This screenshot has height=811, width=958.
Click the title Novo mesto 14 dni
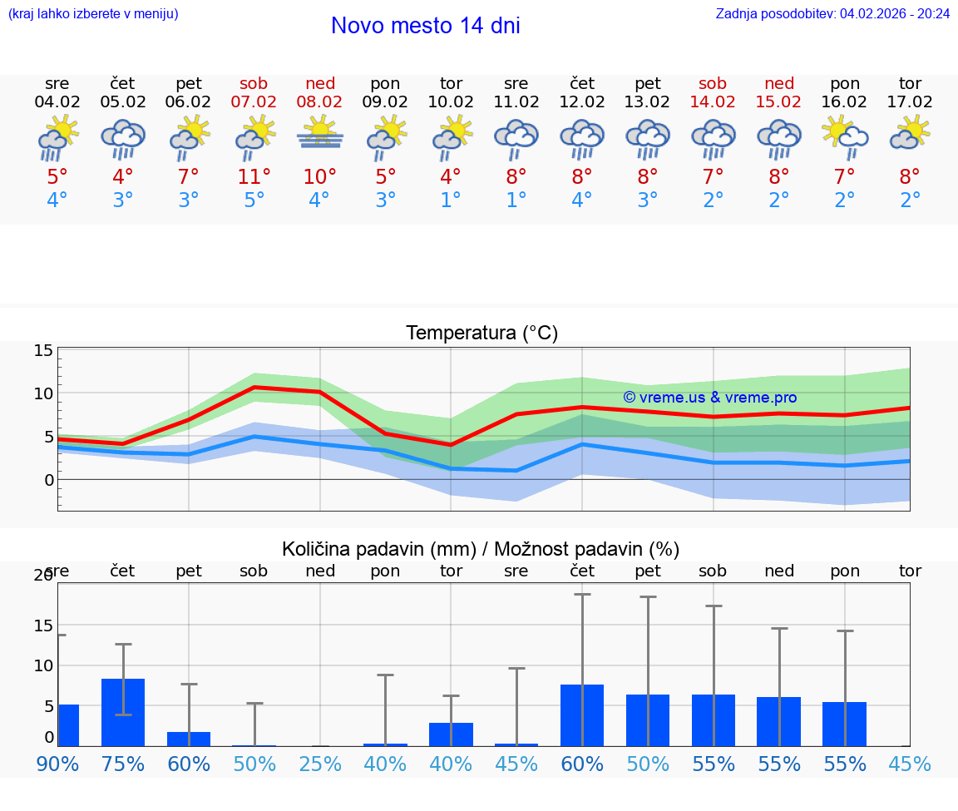tap(425, 26)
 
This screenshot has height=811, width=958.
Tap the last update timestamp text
tap(832, 13)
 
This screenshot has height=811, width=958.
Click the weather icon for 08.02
tap(320, 135)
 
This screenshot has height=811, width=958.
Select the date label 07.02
tap(254, 102)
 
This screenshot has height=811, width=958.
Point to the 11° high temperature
tap(254, 177)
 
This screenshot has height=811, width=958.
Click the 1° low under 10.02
tap(451, 200)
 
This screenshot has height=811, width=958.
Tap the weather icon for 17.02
tap(910, 135)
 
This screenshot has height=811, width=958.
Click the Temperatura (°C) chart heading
tap(481, 334)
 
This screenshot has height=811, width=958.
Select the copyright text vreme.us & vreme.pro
tap(709, 398)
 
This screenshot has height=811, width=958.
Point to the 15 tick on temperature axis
tap(43, 351)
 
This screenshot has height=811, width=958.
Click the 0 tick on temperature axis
tap(49, 480)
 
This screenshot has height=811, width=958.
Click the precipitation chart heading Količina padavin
tap(481, 549)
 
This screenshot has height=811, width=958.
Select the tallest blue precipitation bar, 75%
tap(123, 712)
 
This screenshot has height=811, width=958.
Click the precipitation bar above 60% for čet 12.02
tap(582, 715)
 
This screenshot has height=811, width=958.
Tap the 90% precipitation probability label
tap(57, 764)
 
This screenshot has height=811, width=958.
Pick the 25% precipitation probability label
tap(320, 764)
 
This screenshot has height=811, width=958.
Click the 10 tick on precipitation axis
tap(43, 665)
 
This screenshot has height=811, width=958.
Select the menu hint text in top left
tap(92, 13)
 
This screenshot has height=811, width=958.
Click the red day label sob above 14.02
tap(713, 83)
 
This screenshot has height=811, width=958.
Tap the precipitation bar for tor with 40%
tap(451, 734)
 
